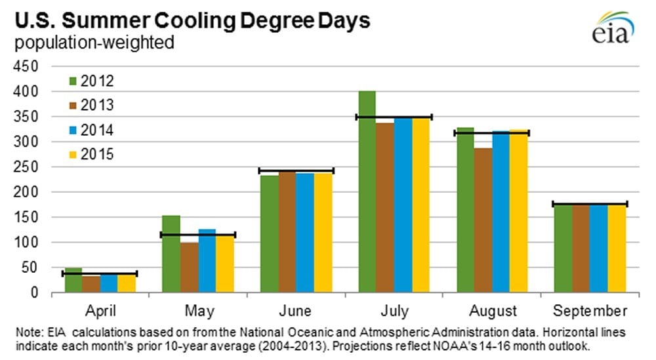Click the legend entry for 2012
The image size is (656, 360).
pyautogui.click(x=91, y=81)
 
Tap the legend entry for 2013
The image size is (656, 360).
pyautogui.click(x=91, y=106)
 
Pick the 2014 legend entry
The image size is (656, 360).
pyautogui.click(x=91, y=130)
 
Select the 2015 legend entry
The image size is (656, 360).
pyautogui.click(x=91, y=155)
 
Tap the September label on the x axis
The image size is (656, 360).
pyautogui.click(x=590, y=310)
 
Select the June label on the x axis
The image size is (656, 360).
pyautogui.click(x=296, y=310)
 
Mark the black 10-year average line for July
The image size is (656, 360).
pyautogui.click(x=394, y=117)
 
